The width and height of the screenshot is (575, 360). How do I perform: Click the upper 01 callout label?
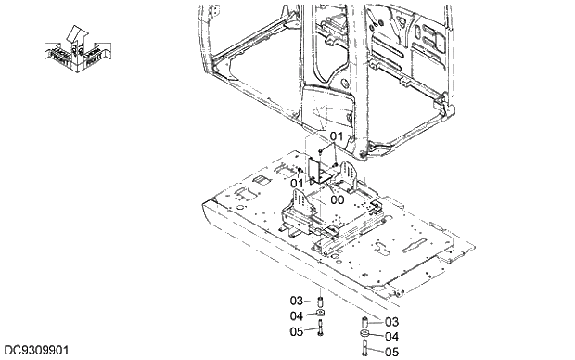click(336, 137)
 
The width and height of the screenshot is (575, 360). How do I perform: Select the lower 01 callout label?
click(298, 184)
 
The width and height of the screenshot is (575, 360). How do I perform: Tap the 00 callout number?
click(337, 199)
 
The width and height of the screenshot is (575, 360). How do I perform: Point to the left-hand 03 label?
click(297, 301)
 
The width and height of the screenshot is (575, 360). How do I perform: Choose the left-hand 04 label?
click(297, 315)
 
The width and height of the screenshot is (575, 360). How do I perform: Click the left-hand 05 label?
click(297, 330)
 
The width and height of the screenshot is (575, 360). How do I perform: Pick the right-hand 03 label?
click(391, 322)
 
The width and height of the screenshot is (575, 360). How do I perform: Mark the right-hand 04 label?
click(391, 336)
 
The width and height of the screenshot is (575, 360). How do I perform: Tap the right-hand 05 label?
click(391, 352)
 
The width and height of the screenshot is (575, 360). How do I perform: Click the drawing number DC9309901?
click(34, 351)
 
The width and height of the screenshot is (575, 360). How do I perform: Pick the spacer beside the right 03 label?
click(365, 323)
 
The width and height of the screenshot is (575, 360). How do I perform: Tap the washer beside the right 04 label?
click(365, 335)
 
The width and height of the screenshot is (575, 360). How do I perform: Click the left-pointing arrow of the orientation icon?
click(57, 53)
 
